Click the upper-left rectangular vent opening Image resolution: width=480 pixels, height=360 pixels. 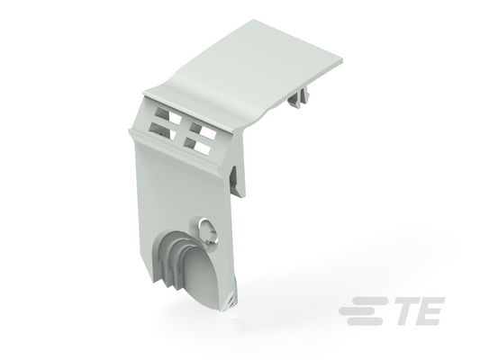tap(168, 115)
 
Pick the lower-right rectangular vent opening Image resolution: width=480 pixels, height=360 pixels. tap(197, 146)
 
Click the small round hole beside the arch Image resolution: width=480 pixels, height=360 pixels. tap(208, 232)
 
